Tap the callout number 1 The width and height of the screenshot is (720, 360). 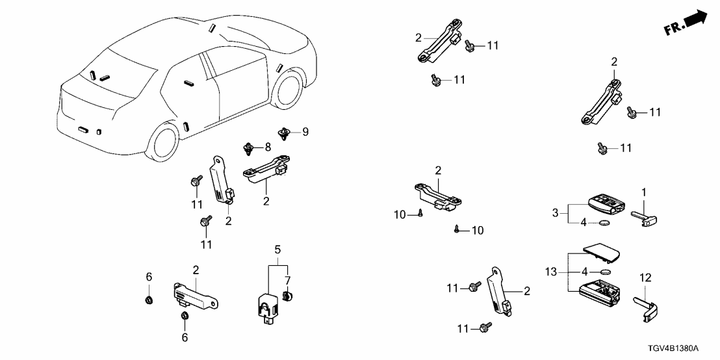[x=644, y=192]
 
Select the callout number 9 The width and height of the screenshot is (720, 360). [x=305, y=132]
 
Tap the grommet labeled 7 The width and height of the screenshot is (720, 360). [x=289, y=296]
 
